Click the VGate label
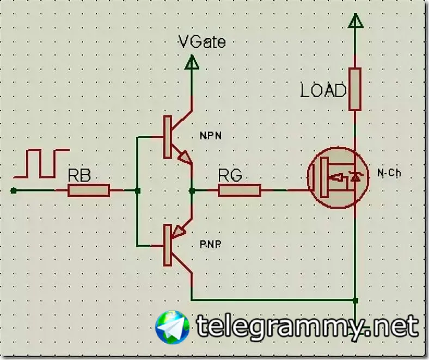point(202,41)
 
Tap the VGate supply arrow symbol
point(192,63)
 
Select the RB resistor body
point(89,190)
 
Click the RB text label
point(79,176)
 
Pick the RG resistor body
point(240,190)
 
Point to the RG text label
point(230,176)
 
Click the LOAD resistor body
point(355,89)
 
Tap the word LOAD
point(323,90)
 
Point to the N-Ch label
point(389,173)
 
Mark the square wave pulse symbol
point(41,163)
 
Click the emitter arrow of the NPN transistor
point(185,157)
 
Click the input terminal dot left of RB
point(14,190)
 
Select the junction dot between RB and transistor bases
point(137,190)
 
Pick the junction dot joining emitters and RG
point(192,190)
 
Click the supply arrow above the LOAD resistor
point(355,22)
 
